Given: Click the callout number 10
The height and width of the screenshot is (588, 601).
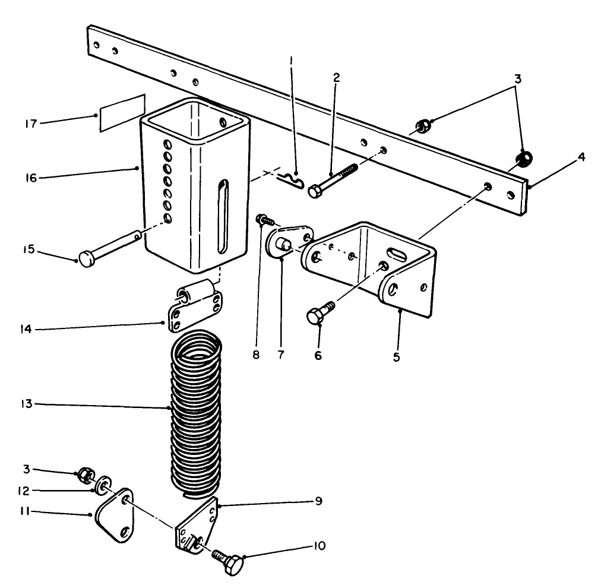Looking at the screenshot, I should [320, 546].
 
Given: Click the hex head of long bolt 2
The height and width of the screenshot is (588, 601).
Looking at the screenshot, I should [315, 191].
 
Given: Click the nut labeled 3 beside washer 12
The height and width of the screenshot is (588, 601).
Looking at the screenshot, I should [84, 474].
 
